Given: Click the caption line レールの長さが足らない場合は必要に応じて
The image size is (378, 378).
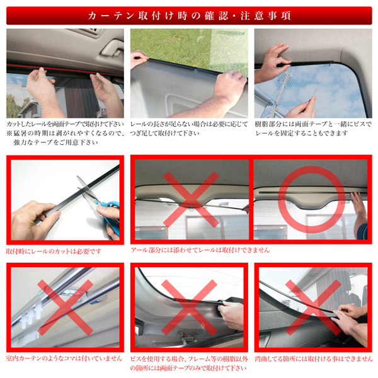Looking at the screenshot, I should (189, 124).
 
